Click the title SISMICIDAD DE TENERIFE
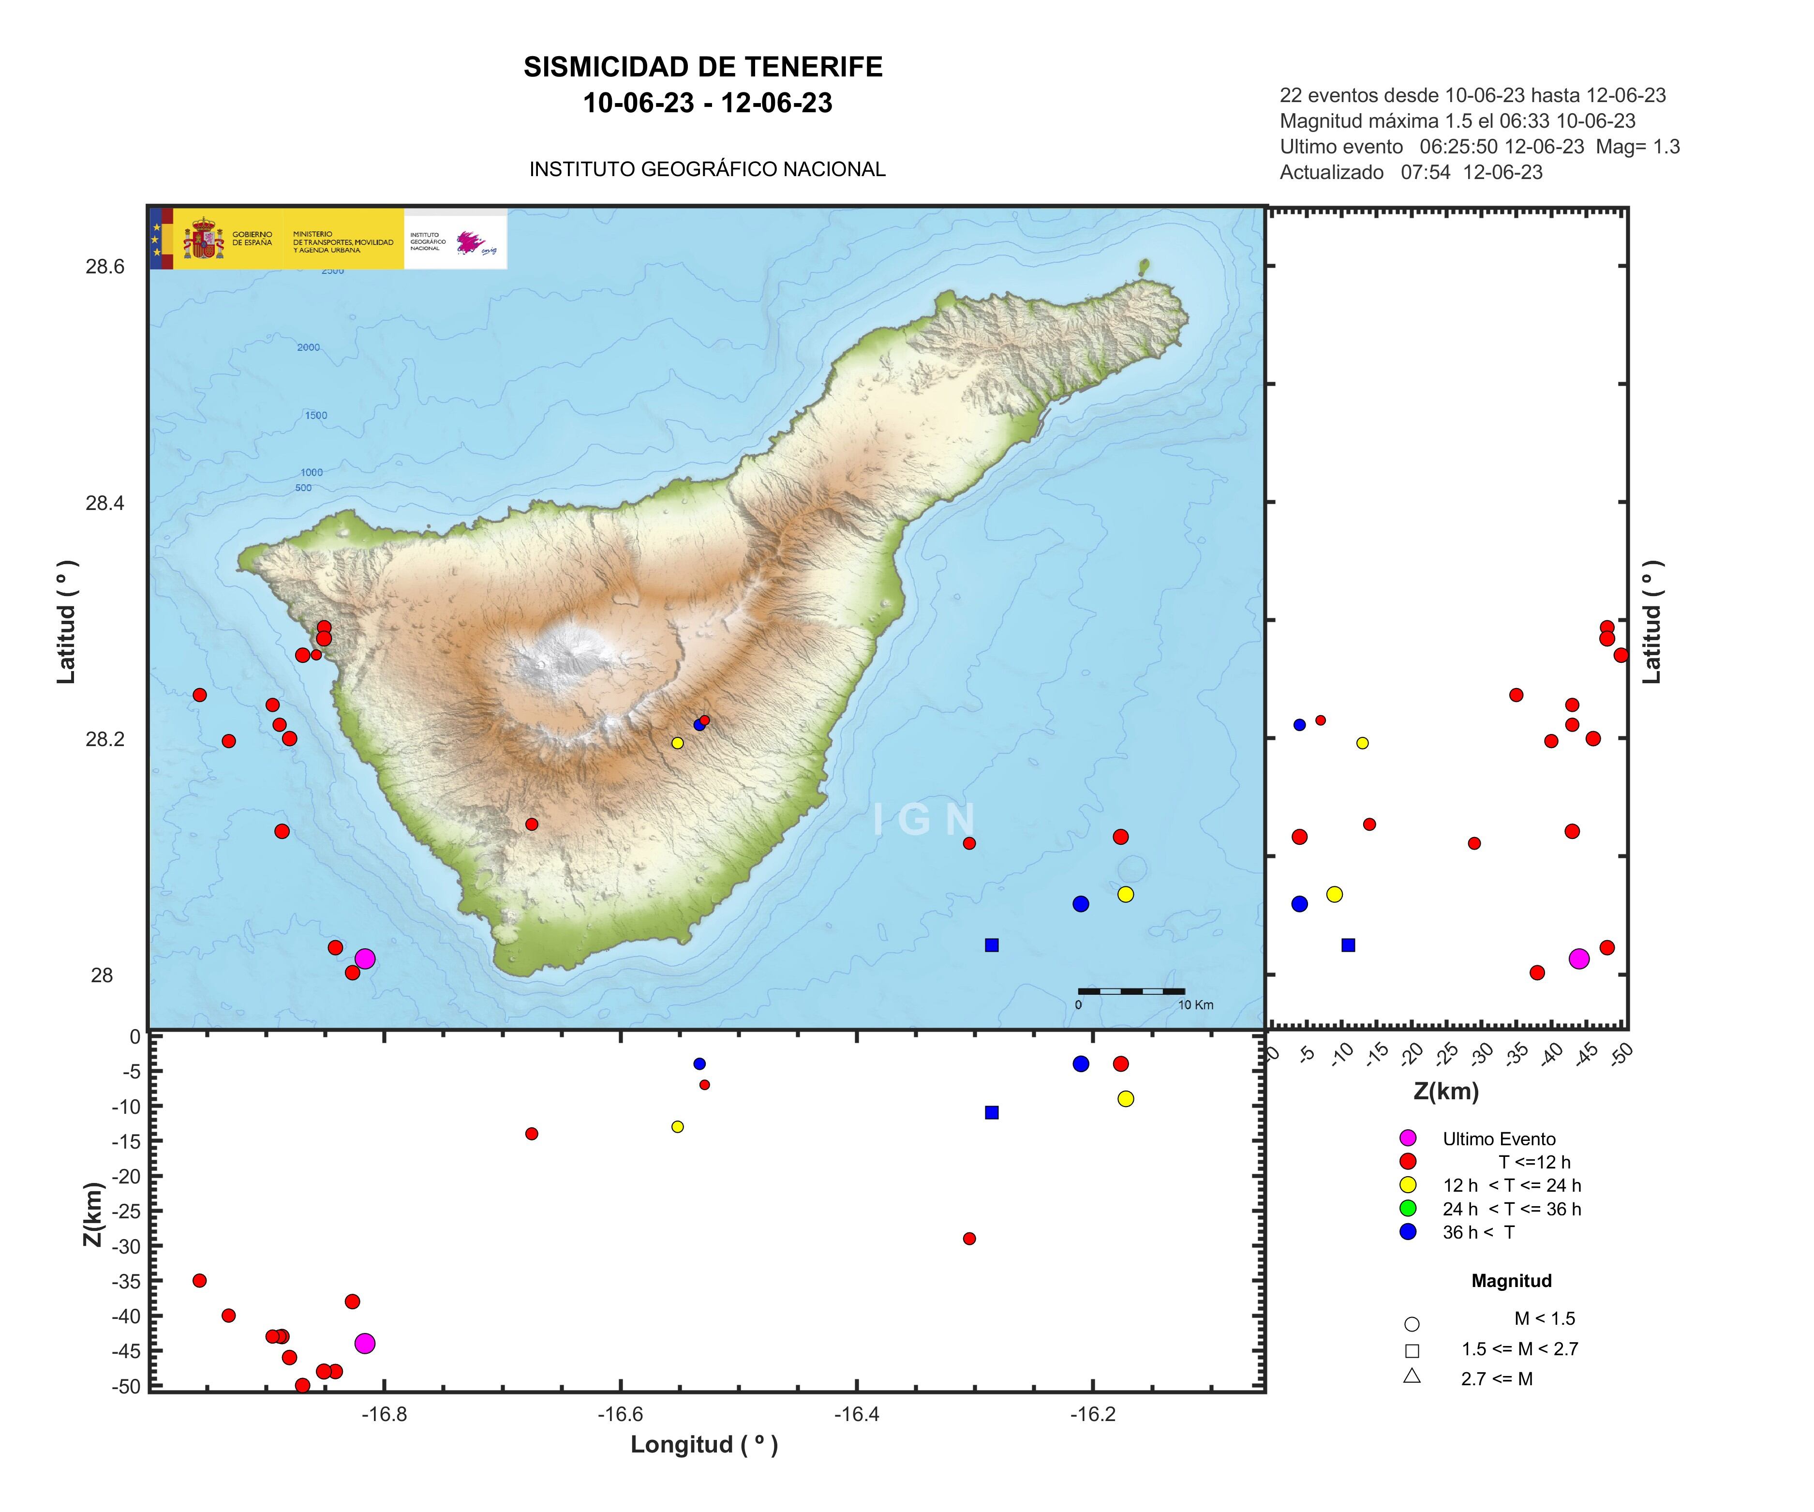coord(703,67)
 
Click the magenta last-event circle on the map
coord(365,958)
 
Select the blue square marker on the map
coord(992,945)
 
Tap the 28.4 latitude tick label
coord(104,503)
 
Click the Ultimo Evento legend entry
coord(1499,1139)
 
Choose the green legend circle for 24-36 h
coord(1408,1208)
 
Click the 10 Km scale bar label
coord(1195,1005)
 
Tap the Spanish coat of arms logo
coord(202,239)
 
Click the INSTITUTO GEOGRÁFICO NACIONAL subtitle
coord(707,169)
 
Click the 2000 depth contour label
coord(309,347)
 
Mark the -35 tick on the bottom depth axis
coord(126,1280)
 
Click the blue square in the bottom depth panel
coord(992,1112)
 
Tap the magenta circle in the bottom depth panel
coord(365,1344)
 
